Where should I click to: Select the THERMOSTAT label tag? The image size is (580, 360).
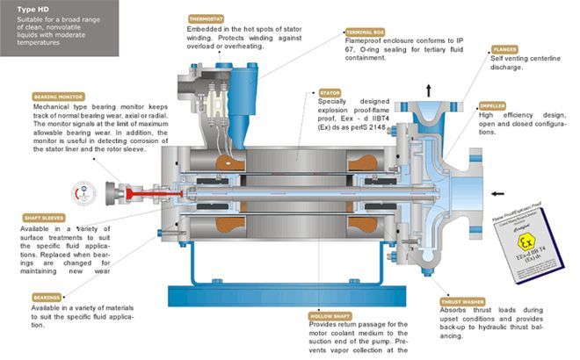[x=207, y=18]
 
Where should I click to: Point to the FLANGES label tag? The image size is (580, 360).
[x=504, y=50]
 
